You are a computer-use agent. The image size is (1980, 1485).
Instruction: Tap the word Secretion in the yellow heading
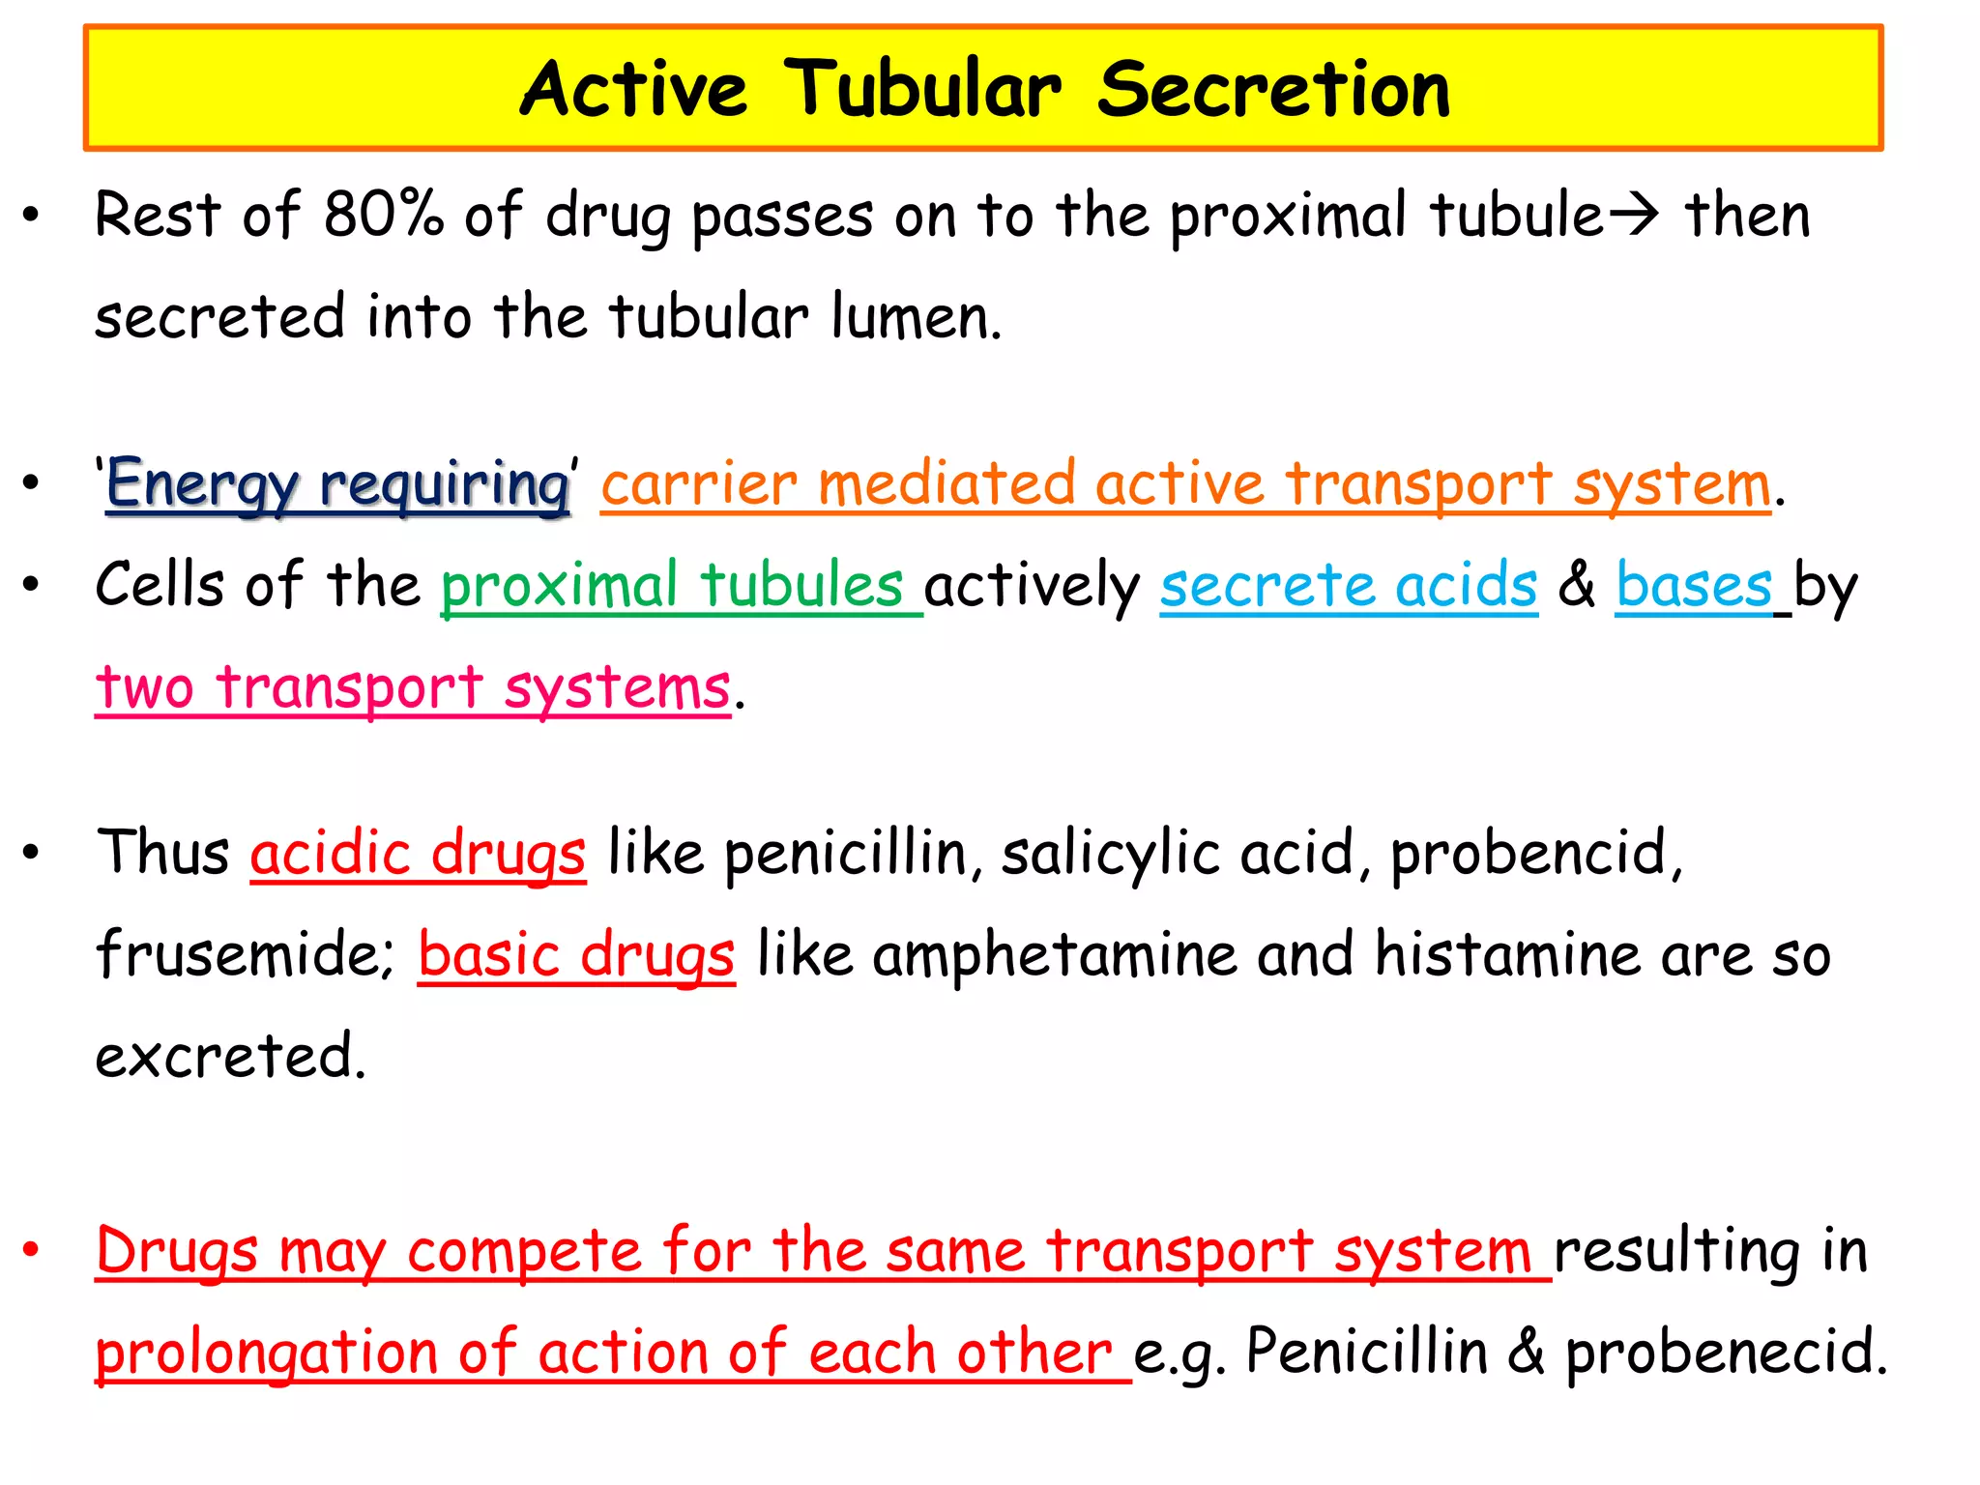point(1273,89)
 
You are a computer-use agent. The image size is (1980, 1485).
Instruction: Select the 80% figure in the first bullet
point(383,214)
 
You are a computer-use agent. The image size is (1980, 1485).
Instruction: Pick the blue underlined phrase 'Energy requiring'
point(337,483)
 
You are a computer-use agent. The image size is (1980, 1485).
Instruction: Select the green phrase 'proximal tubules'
point(672,585)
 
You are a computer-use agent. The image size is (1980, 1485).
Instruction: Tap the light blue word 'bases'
point(1694,585)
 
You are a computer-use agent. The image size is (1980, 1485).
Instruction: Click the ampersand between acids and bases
point(1577,585)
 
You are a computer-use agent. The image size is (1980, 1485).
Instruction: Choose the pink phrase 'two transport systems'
point(413,687)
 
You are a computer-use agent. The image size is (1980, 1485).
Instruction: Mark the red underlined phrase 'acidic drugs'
point(418,853)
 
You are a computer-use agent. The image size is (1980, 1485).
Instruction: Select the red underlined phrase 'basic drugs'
point(576,954)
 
